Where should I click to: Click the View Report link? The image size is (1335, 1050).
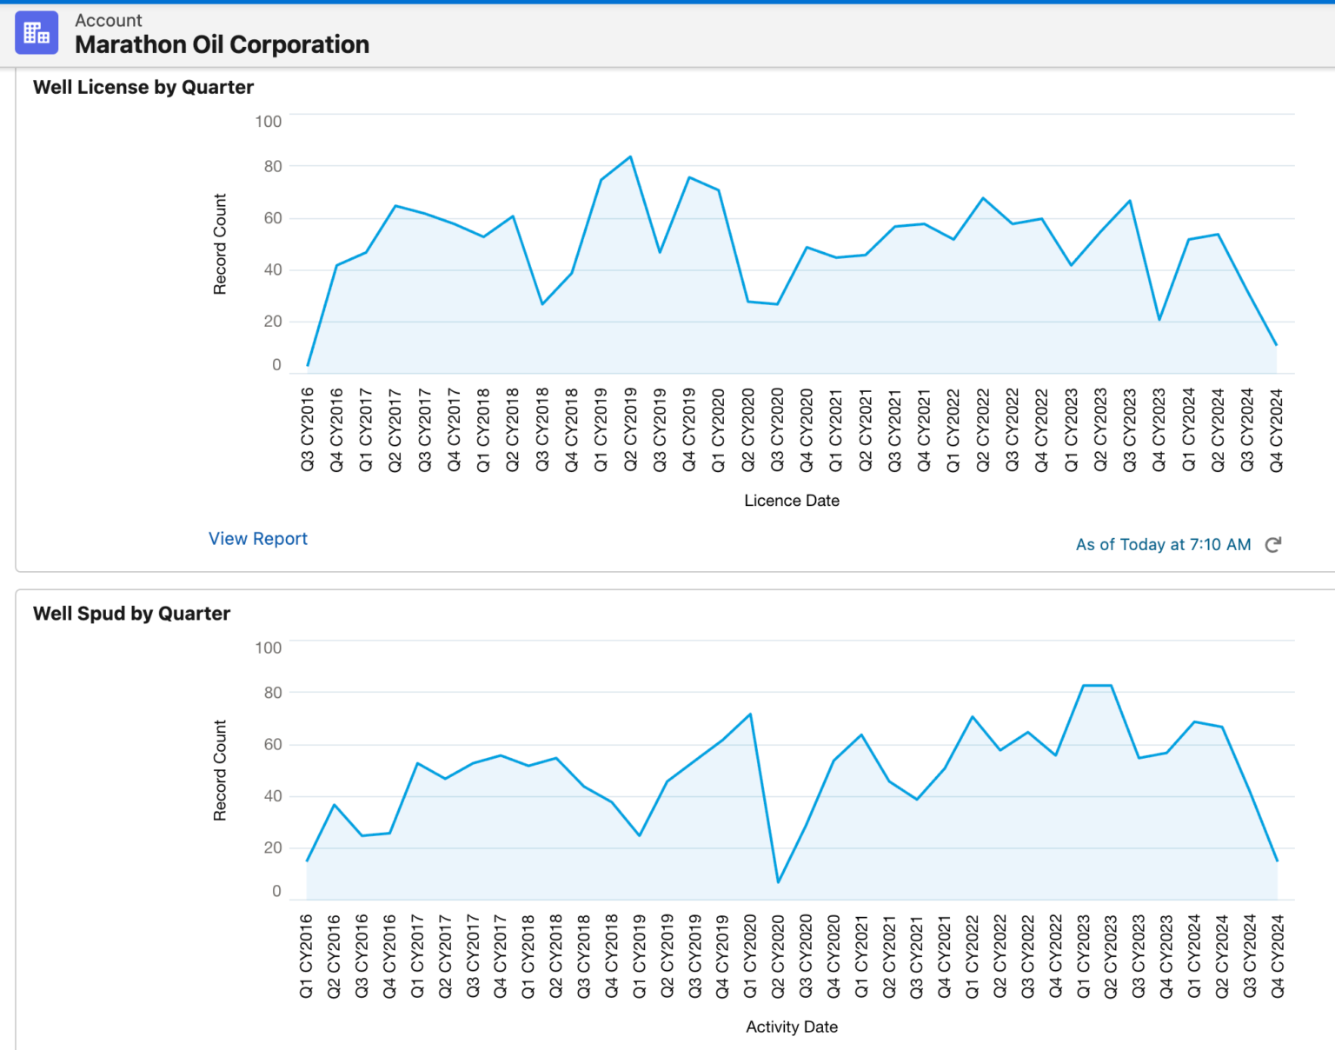(x=258, y=539)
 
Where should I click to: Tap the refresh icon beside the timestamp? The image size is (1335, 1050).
(x=1273, y=545)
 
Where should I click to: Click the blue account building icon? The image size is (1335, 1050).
(x=37, y=33)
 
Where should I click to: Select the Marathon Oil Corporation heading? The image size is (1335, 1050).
(x=222, y=44)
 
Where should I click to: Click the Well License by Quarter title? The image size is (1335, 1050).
(x=143, y=87)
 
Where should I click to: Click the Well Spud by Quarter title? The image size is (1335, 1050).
(x=131, y=614)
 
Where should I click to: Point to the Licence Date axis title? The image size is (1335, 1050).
(x=792, y=501)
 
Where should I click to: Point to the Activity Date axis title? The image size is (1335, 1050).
(x=792, y=1027)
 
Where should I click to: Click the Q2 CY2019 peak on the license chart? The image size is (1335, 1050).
(x=630, y=157)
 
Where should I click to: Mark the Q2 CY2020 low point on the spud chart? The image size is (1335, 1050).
(x=778, y=882)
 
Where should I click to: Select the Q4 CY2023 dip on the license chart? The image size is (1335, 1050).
(x=1159, y=320)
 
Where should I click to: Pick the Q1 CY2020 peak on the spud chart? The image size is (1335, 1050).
(x=750, y=714)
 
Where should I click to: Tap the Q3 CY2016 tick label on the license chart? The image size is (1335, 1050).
(x=308, y=430)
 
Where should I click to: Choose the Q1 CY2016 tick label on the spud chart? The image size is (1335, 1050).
(x=306, y=956)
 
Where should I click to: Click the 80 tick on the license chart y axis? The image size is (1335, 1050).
(x=273, y=166)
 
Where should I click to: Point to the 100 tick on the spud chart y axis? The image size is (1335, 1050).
(x=269, y=648)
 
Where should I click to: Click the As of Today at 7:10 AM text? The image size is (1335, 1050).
(x=1163, y=545)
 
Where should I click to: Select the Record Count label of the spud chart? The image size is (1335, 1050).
(x=220, y=770)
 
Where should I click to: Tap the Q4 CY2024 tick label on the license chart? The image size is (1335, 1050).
(x=1276, y=430)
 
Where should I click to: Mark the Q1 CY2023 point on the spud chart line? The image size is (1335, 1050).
(x=1083, y=686)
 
